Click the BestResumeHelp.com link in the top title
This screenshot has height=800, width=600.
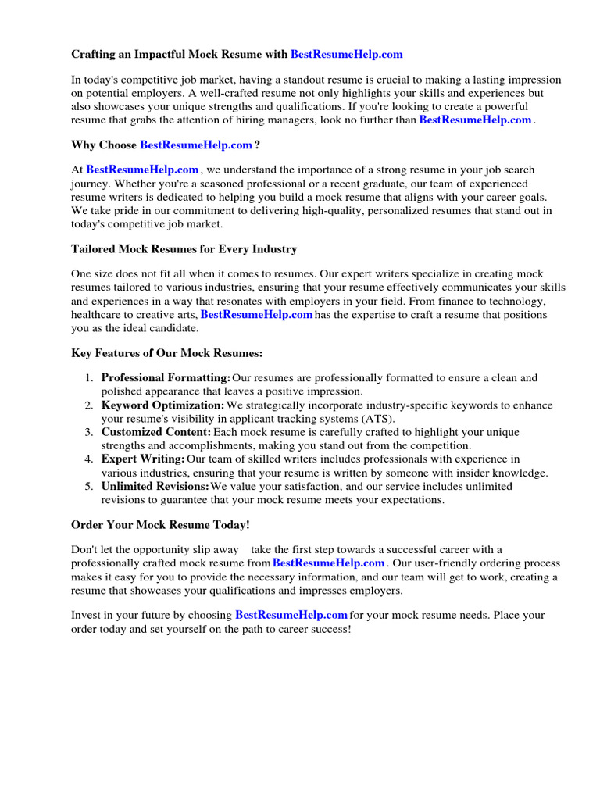point(347,54)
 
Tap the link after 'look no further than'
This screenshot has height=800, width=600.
point(475,120)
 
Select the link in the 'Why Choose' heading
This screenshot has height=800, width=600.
point(196,145)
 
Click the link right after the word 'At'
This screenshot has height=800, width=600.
point(142,170)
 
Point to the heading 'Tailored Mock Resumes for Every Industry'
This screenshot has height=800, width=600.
point(184,249)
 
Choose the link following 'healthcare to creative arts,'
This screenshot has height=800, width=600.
point(257,315)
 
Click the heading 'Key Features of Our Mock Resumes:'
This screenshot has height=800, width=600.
point(167,353)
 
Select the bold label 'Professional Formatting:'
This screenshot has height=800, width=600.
point(166,378)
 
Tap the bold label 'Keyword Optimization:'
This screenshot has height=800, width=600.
point(162,405)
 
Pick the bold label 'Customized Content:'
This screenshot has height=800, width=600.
point(156,432)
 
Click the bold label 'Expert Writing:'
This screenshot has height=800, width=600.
point(143,459)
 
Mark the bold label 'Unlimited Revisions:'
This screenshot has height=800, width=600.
point(155,486)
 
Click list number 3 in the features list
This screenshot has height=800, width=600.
point(90,432)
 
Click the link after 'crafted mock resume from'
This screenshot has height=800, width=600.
point(328,562)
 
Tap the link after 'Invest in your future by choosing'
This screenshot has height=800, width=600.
point(291,615)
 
